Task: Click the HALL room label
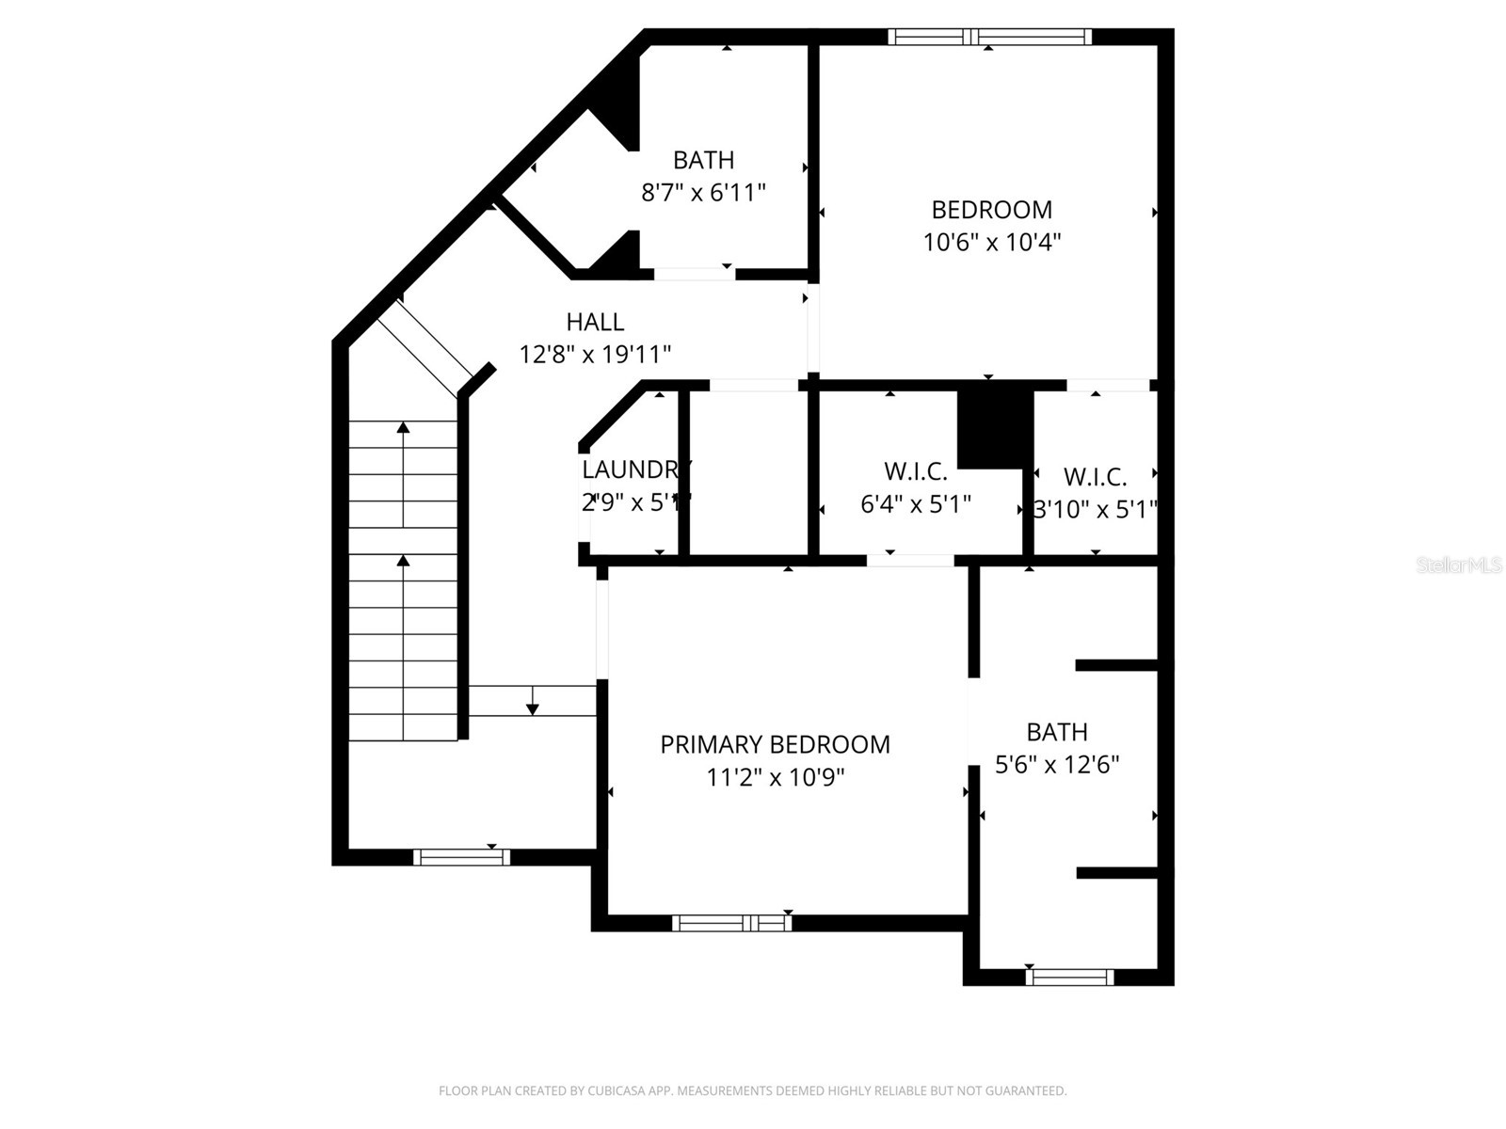point(595,322)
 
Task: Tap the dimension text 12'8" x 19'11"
point(595,355)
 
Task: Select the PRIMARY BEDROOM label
point(775,744)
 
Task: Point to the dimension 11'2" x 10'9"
point(776,777)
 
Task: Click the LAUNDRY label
point(635,469)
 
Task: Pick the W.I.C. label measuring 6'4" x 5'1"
point(915,470)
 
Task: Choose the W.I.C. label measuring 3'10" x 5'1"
point(1095,476)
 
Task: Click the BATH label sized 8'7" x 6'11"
point(703,160)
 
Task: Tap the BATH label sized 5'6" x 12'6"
point(1057,731)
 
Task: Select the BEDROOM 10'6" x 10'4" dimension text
point(992,242)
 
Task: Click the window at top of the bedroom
point(989,37)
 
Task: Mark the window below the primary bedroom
point(731,923)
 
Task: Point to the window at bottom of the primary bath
point(1069,977)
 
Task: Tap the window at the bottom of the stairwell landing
point(461,857)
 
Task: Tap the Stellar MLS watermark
point(1458,565)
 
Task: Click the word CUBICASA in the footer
point(617,1091)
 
